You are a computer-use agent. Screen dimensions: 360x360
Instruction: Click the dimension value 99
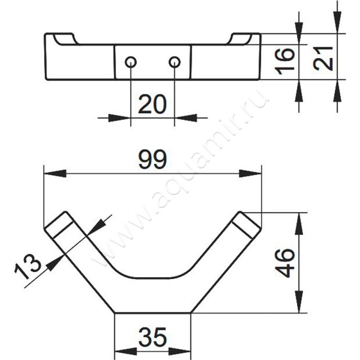153,159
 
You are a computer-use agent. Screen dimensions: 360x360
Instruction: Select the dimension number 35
153,337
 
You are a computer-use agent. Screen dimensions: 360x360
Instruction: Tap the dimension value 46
285,263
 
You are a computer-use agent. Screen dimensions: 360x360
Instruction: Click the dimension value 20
152,104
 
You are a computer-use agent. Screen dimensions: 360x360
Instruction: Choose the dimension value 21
323,58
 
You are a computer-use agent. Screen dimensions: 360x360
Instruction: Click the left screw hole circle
131,62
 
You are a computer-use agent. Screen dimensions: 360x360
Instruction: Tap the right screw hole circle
175,62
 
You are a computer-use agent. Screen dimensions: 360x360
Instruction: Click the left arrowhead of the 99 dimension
55,174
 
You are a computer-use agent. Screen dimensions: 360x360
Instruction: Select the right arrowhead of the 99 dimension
250,174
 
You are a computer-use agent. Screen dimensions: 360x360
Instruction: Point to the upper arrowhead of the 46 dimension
299,224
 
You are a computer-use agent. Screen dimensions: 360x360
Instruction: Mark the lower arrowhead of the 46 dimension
299,301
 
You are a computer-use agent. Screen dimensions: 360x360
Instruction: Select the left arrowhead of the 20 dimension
119,118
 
